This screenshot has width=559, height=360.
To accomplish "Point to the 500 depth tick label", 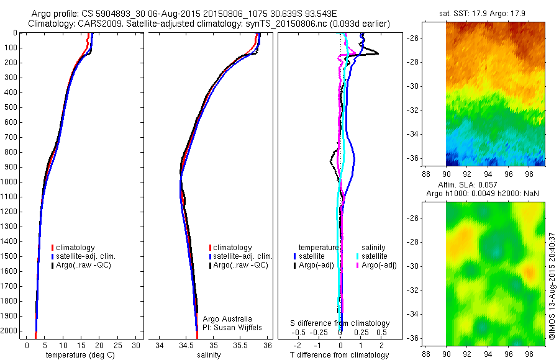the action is pos(11,107).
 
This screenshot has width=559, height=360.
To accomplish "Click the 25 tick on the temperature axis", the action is pos(117,345).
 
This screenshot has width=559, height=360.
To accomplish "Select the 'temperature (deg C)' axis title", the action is pos(80,354).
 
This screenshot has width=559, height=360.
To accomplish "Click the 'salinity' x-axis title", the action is pos(209,354).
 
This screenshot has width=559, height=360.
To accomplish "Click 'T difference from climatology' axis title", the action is pos(339,354).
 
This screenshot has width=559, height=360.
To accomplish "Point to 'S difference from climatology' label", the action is pos(340,323).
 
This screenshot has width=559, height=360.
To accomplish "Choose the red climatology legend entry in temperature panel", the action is pos(73,248).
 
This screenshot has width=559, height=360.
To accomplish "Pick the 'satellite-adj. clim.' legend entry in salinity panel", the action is pos(240,256).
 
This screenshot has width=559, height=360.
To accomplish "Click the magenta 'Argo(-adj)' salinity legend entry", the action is pos(376,265).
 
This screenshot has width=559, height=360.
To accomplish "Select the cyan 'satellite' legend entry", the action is pos(372,256).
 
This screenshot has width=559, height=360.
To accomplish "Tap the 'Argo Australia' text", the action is pos(227,318).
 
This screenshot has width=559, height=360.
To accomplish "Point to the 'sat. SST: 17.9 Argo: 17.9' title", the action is pos(483,14).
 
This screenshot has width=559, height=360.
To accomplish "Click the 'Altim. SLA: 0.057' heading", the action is pos(467,184).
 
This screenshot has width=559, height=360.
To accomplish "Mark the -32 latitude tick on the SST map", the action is pos(413,110).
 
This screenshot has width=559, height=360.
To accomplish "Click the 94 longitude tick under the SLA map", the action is pos(488,354).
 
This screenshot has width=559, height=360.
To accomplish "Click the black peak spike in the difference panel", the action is pos(378,54).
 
